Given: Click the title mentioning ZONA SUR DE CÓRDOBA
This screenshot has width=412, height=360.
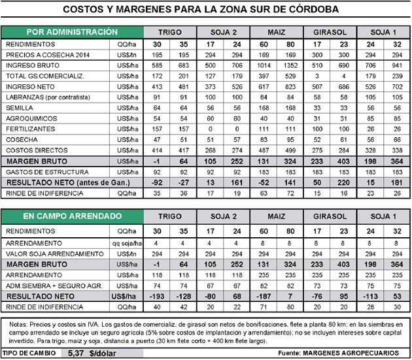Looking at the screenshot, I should (x=206, y=10).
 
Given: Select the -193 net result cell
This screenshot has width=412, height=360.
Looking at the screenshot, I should (x=156, y=296).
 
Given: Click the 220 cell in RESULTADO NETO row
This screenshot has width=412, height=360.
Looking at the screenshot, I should (x=341, y=183).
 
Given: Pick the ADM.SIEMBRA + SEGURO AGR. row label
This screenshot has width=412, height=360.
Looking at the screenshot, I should (x=51, y=286).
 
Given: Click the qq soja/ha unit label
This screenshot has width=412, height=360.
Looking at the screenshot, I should (x=128, y=242).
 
